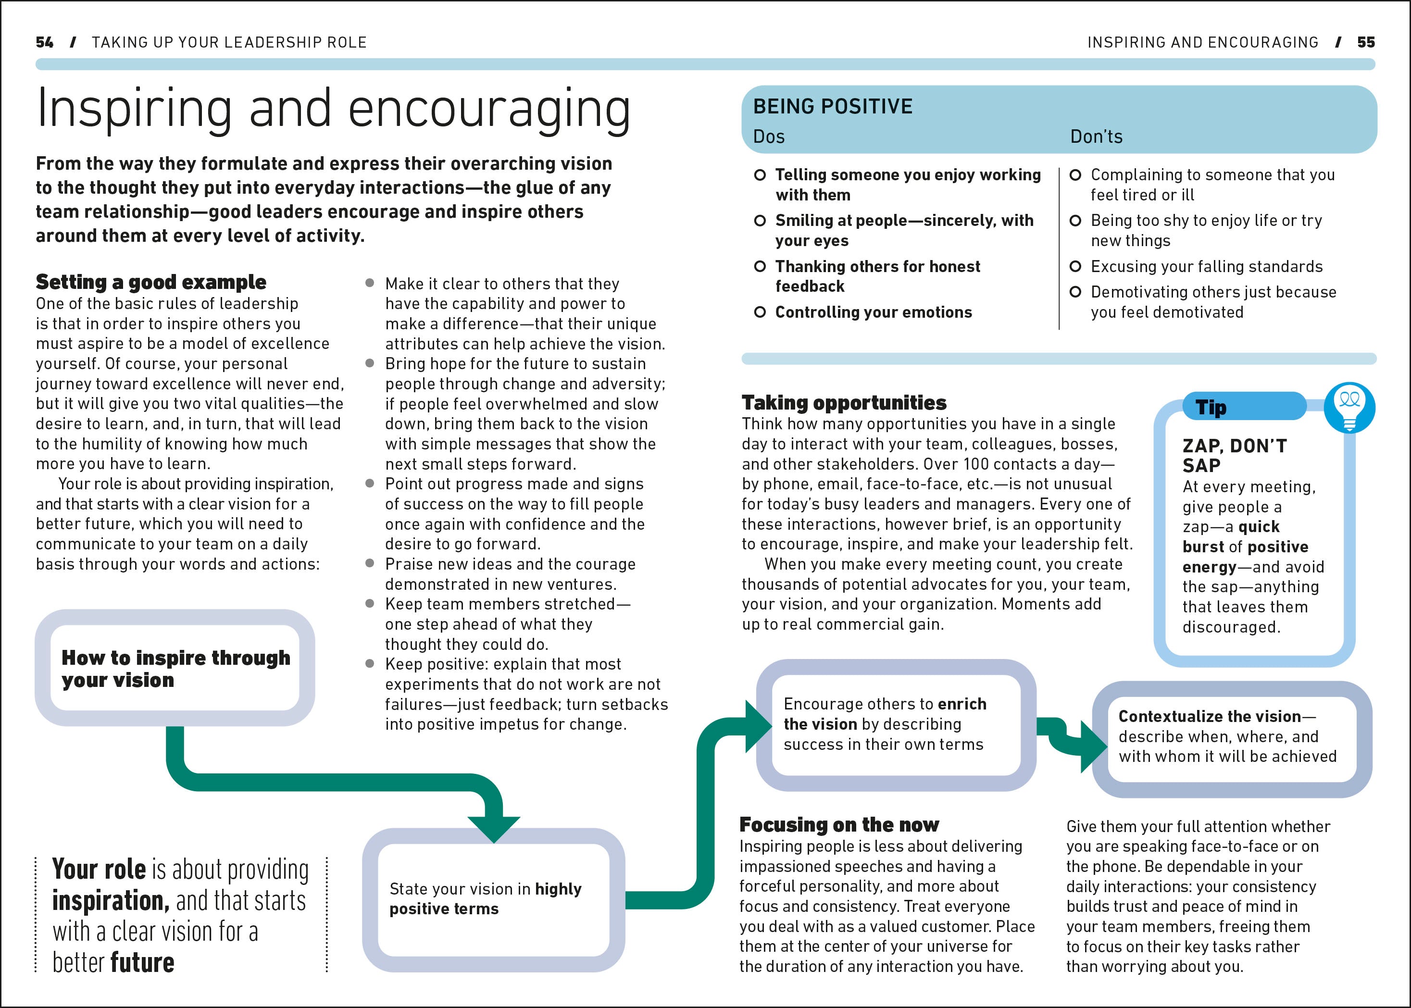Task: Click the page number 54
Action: click(44, 42)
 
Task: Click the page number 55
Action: click(1366, 42)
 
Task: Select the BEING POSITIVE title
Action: click(833, 107)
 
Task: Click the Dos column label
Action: click(769, 137)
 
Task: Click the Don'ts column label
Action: click(1096, 137)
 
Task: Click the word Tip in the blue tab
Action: click(1211, 407)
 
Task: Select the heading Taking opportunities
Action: click(844, 403)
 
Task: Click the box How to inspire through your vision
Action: click(175, 669)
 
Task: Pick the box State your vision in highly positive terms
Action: click(494, 899)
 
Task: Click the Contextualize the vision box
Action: click(1232, 737)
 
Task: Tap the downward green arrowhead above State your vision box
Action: click(494, 828)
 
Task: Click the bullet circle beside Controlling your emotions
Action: click(760, 312)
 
